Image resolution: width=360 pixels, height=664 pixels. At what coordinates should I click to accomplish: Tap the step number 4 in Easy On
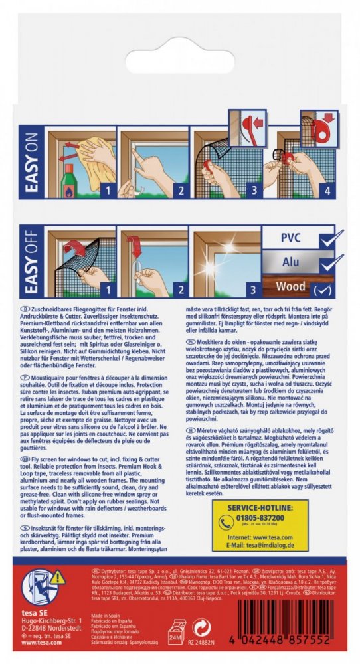325,189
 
